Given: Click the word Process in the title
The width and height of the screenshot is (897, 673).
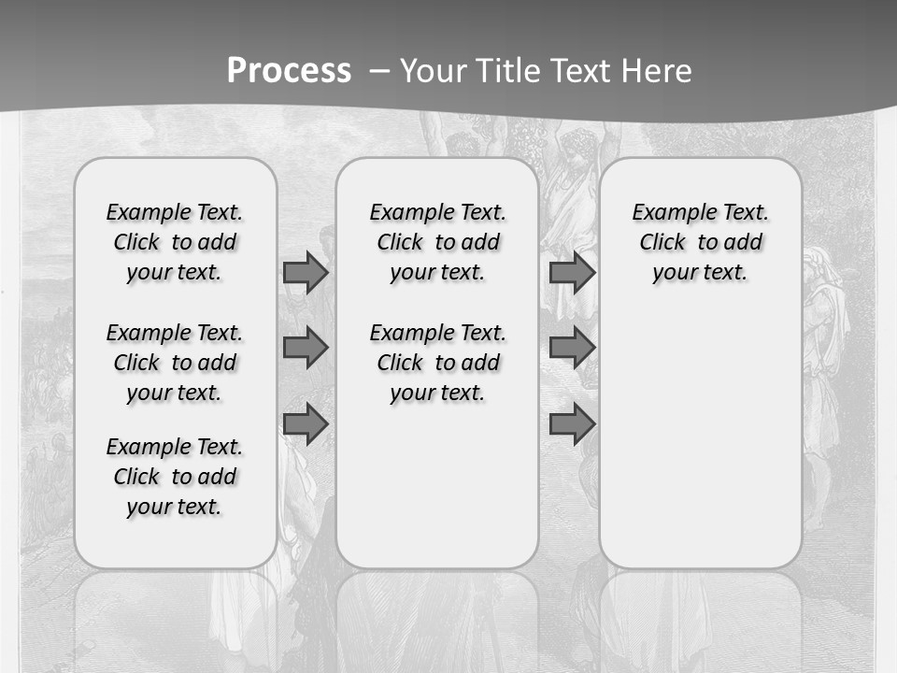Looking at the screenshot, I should pos(289,71).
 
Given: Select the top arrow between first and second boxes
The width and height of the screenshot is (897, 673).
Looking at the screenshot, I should pos(306,273).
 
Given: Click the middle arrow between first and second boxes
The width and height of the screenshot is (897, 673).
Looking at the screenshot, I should pos(306,348).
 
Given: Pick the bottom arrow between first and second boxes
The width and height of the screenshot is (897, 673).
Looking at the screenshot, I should pos(306,424).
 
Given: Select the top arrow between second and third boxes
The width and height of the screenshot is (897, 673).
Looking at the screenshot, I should pos(572,273).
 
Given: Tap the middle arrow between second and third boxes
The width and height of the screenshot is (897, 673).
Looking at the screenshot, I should pos(572,348).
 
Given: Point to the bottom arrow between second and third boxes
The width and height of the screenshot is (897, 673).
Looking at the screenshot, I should pos(572,424).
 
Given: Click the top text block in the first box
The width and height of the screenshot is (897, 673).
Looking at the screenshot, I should pos(175,242).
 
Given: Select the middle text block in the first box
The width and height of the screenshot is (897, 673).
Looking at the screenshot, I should pos(175,363).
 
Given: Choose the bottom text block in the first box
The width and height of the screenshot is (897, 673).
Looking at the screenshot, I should pos(175,477).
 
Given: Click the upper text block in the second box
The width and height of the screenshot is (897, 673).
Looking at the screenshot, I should pos(437,242).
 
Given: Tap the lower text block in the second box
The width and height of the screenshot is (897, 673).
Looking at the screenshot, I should pos(437,363).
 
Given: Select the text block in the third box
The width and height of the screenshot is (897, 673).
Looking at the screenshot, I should pos(701,242).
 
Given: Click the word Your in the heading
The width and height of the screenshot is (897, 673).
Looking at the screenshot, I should pos(434,71).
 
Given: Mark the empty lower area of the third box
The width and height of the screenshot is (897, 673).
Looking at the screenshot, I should pos(701,430).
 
